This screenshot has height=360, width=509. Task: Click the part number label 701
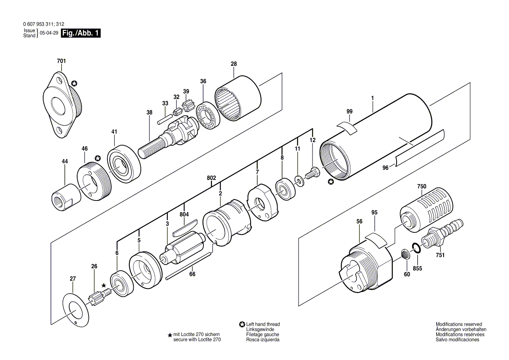[61, 61]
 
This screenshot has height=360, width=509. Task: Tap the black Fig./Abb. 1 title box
[81, 33]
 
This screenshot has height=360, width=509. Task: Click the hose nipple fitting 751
[442, 234]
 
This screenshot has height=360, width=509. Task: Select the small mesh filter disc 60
[405, 253]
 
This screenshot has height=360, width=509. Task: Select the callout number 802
[211, 178]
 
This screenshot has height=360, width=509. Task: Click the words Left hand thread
[263, 324]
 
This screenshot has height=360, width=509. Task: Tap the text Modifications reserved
[459, 324]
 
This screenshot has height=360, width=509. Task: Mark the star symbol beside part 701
[74, 83]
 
